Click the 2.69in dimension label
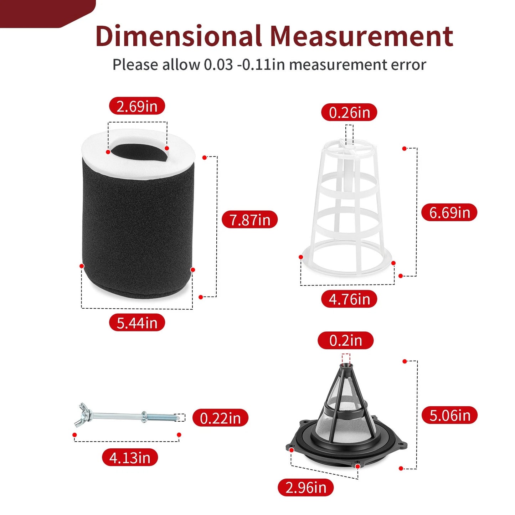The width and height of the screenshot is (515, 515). pyautogui.click(x=137, y=106)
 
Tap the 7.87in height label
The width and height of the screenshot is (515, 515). pyautogui.click(x=249, y=220)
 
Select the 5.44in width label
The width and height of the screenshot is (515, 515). pyautogui.click(x=137, y=322)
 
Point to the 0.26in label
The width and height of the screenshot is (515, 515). pyautogui.click(x=349, y=112)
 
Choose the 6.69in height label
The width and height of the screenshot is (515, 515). pyautogui.click(x=449, y=212)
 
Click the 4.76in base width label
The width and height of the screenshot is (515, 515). pyautogui.click(x=349, y=299)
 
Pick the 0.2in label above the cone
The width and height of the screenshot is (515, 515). pyautogui.click(x=345, y=340)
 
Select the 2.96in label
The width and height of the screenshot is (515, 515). pyautogui.click(x=306, y=488)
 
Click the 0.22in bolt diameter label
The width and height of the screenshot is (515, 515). pyautogui.click(x=220, y=417)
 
